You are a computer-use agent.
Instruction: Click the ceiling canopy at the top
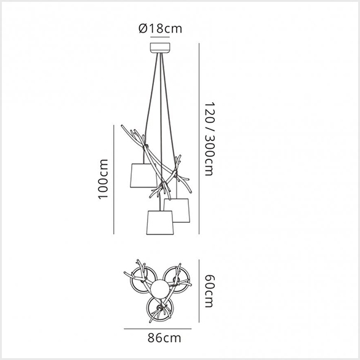point(161,48)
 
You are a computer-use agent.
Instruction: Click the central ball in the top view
point(160,289)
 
